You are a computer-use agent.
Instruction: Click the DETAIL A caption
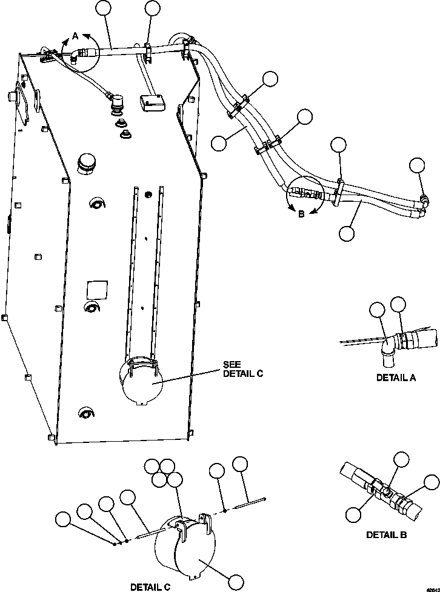(395, 377)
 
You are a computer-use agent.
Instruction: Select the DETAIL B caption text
(386, 534)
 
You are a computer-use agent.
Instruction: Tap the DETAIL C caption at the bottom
(150, 587)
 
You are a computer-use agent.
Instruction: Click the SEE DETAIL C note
(242, 369)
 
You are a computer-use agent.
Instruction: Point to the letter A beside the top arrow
(76, 36)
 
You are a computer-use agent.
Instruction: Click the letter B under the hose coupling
(301, 213)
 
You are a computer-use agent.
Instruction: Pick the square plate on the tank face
(97, 289)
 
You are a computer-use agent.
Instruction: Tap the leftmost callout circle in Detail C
(62, 519)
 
